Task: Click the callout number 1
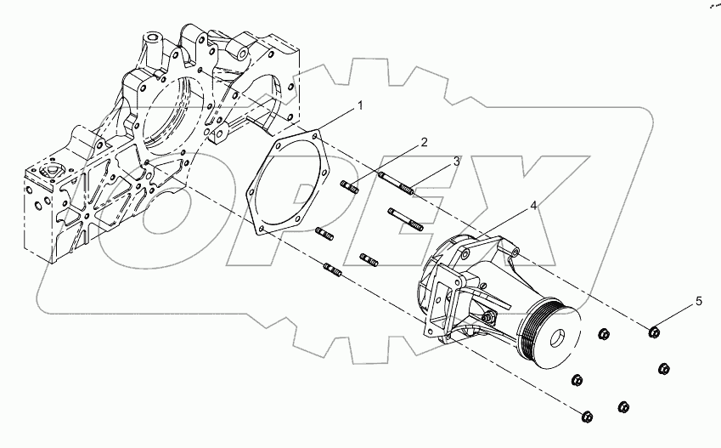tap(360, 106)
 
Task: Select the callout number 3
tap(456, 160)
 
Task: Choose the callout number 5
tap(700, 301)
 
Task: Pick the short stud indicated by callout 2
tap(348, 187)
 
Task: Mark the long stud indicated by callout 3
tap(398, 183)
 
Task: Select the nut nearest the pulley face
tap(602, 334)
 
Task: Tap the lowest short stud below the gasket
tap(332, 270)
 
